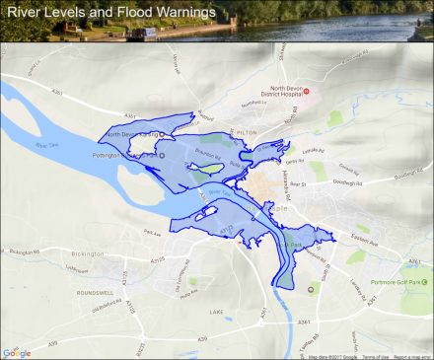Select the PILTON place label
246,130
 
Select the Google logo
17,353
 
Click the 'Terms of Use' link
374,356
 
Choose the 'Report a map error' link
412,356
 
